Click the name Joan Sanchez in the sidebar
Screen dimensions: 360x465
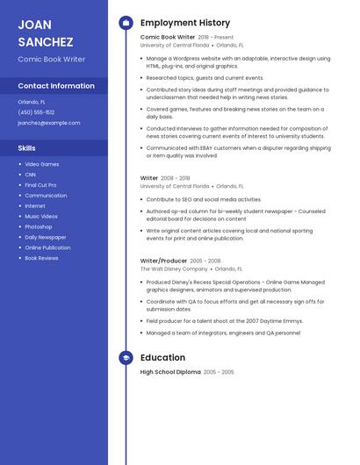(x=46, y=32)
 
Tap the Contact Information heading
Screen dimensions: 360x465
(x=56, y=86)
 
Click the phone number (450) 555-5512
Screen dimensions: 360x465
(x=36, y=112)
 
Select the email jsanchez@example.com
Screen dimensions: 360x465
(x=48, y=123)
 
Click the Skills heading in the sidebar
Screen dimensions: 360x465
(x=27, y=148)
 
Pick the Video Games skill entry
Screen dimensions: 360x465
(x=42, y=164)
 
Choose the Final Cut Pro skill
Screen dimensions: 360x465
(x=40, y=185)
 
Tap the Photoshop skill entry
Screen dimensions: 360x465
(x=39, y=226)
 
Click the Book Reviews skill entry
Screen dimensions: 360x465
(x=42, y=258)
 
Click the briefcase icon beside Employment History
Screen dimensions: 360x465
(x=126, y=23)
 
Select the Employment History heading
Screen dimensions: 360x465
(x=185, y=23)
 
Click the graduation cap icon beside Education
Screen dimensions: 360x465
(x=126, y=357)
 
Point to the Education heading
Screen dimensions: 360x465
(x=162, y=357)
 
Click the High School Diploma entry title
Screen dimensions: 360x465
(x=170, y=372)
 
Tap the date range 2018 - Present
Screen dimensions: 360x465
(x=216, y=38)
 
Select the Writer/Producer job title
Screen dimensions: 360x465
(x=163, y=261)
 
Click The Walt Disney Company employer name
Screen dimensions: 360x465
(x=175, y=269)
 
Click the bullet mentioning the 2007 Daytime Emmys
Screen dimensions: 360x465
(x=224, y=321)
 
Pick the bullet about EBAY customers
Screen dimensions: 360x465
(x=238, y=152)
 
